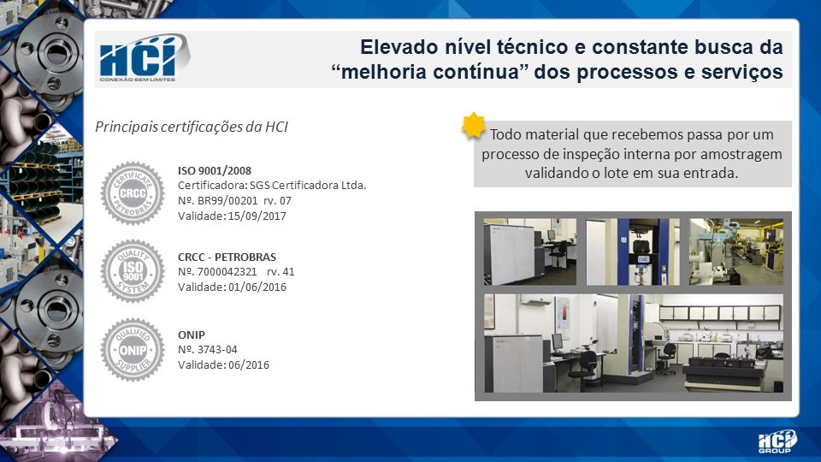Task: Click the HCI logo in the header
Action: tap(143, 57)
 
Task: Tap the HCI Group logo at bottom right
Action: tap(777, 441)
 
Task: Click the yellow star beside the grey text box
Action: tap(473, 126)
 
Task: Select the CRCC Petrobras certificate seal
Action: tap(133, 193)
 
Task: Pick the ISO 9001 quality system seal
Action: tap(133, 271)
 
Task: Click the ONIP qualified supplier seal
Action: tap(133, 349)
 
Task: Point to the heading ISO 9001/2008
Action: tap(215, 171)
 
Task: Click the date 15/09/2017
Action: tap(257, 216)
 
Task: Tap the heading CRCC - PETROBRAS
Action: tap(227, 258)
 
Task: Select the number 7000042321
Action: tap(227, 272)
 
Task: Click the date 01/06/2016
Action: tap(257, 287)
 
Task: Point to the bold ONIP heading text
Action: tap(191, 335)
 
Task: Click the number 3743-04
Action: tap(217, 349)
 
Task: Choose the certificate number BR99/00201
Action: tap(227, 200)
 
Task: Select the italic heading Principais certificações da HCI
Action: tap(191, 127)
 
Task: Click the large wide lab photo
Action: tap(634, 343)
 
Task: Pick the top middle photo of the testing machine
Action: tap(633, 252)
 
